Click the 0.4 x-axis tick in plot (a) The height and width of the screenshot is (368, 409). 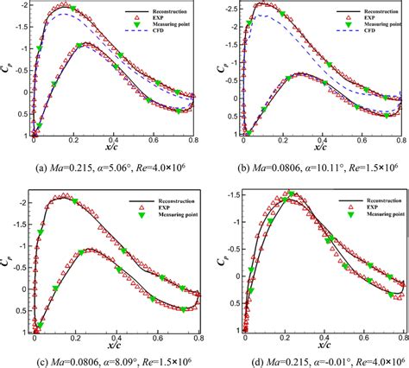coord(114,143)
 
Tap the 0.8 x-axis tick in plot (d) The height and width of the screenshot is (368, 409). coord(401,342)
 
